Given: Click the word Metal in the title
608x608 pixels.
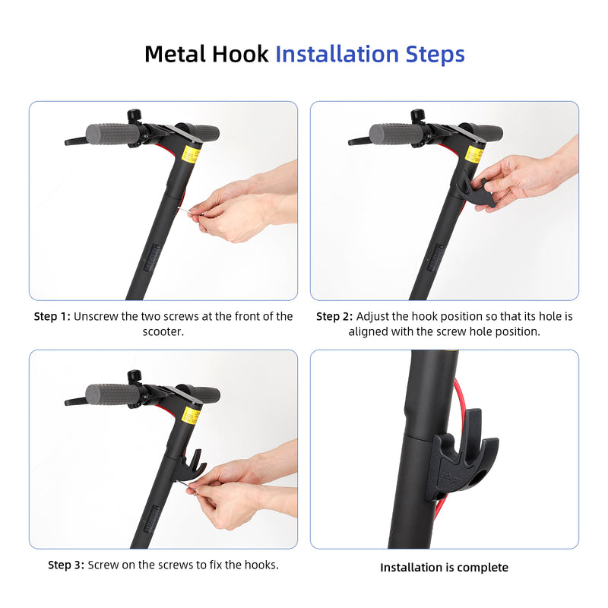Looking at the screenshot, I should [x=174, y=54].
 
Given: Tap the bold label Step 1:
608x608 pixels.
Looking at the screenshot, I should [x=52, y=316].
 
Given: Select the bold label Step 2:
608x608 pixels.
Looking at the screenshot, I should [x=334, y=316].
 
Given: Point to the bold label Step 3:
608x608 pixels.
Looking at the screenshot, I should [x=66, y=565].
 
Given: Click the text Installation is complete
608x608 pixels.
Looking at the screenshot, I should [x=444, y=568].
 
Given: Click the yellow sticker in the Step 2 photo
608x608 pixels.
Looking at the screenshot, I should [x=474, y=154].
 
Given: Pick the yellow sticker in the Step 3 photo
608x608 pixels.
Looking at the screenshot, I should [x=191, y=415].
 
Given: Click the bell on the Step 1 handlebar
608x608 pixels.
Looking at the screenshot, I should [x=135, y=116].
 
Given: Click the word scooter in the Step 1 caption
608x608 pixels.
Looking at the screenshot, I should [x=163, y=331].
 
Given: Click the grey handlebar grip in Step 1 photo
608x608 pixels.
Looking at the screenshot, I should [x=112, y=135].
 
